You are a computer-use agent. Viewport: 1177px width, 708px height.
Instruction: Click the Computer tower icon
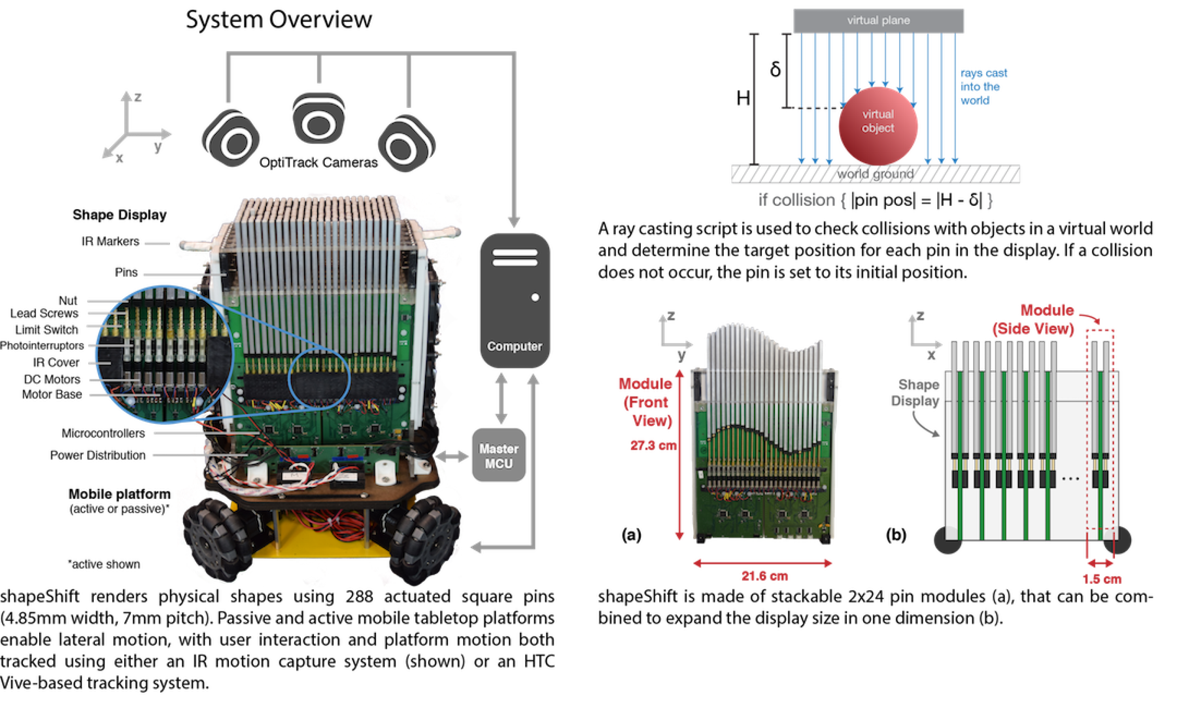(514, 301)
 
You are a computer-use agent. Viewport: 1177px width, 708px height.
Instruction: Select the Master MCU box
(499, 456)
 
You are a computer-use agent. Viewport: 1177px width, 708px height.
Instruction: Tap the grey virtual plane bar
(878, 20)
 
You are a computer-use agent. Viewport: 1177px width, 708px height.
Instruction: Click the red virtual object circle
(878, 125)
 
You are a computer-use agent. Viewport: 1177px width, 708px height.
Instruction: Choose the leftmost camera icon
(232, 139)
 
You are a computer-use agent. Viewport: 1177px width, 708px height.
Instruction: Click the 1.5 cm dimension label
(1102, 579)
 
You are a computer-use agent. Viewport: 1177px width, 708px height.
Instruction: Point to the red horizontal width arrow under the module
(763, 563)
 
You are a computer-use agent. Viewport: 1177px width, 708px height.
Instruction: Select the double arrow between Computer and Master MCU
(501, 398)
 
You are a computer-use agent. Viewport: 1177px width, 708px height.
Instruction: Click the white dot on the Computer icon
(535, 297)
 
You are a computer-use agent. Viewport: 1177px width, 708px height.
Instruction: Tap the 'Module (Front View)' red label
(647, 402)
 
